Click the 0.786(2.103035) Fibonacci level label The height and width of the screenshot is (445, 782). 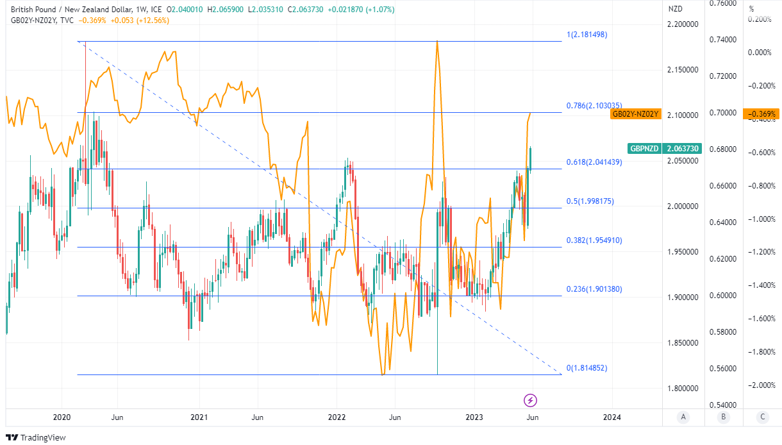[594, 106]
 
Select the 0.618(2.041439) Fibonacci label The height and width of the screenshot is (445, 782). [594, 162]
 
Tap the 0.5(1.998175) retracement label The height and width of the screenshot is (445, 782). [589, 201]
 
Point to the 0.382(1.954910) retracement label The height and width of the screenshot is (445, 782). [594, 240]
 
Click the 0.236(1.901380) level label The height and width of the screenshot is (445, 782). [594, 289]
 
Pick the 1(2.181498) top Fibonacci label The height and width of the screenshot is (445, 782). [586, 35]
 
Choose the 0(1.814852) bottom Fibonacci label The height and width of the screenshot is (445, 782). [586, 369]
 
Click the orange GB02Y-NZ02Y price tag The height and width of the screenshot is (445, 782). [635, 114]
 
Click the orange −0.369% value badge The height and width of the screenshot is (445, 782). [761, 114]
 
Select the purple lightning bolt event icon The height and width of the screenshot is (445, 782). [531, 400]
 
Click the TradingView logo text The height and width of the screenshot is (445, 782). [43, 437]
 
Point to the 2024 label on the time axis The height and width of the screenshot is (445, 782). [612, 417]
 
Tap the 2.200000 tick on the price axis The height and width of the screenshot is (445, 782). [681, 24]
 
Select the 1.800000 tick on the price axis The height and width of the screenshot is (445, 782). [681, 389]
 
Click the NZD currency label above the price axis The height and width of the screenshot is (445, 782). [676, 10]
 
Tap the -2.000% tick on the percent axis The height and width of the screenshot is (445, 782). [760, 385]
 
